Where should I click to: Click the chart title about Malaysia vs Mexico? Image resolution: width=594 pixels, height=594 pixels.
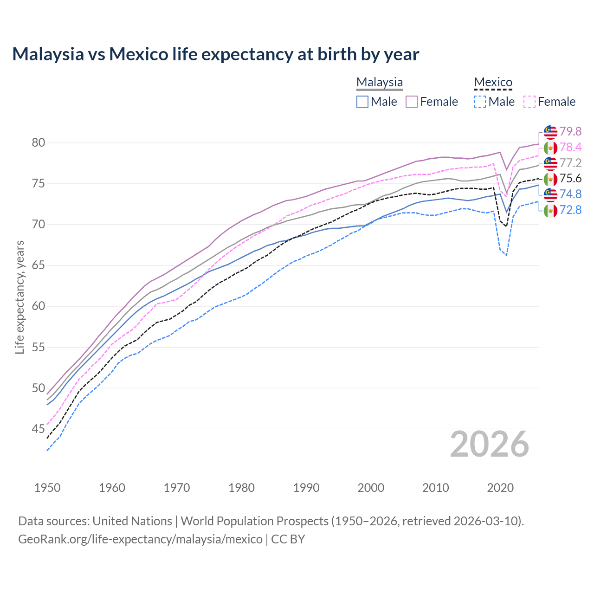pos(215,54)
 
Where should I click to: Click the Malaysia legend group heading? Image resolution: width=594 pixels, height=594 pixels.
pos(379,82)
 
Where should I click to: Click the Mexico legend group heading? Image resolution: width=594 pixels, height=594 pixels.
pos(493,82)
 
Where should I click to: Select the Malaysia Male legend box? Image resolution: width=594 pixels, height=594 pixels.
pos(362,102)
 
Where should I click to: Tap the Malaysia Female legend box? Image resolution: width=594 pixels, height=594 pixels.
pos(412,102)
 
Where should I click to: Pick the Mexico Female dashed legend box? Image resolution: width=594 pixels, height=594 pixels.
pos(529,102)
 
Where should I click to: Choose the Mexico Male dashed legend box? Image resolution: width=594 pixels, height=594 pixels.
pos(480,102)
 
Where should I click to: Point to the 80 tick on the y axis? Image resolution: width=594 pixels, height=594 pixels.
pos(39,142)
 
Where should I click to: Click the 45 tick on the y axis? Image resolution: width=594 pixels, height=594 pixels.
pos(39,429)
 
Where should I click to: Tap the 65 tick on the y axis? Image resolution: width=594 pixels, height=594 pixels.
pos(39,265)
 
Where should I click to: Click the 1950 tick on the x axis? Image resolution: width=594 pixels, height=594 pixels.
pos(47,488)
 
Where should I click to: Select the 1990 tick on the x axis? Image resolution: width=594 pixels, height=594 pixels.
pos(306,488)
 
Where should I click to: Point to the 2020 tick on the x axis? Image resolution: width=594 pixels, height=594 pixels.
pos(500,488)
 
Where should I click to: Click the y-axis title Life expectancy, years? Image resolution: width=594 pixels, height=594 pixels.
pos(19,297)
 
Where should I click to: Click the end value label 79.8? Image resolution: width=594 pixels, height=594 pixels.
pos(570,132)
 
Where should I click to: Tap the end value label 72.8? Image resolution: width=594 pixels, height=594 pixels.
pos(570,210)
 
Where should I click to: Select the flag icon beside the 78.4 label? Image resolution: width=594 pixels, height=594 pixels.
pos(550,148)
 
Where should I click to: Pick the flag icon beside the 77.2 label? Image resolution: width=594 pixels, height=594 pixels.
pos(550,163)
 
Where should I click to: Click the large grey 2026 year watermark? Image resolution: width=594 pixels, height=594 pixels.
pos(490,444)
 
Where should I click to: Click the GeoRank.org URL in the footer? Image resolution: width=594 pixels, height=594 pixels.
pos(140,539)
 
